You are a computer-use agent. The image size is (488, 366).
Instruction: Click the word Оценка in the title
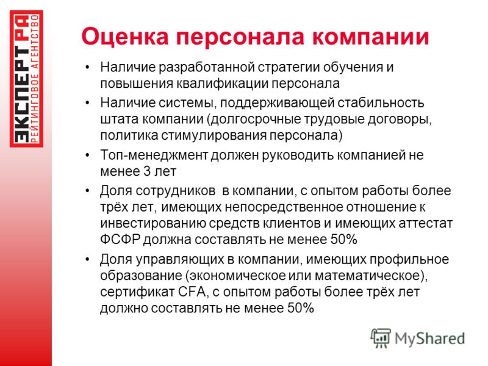pos(125,37)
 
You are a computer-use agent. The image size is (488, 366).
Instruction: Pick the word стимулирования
pos(214,136)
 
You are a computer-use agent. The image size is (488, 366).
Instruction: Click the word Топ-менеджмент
pos(154,155)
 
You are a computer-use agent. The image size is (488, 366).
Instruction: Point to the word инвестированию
pos(153,223)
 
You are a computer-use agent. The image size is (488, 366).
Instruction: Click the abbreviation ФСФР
pos(120,240)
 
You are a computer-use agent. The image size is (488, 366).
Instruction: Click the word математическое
pos(368,276)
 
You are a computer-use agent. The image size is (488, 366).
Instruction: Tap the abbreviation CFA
pos(192,292)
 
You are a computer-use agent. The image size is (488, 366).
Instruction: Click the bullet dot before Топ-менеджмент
pos(88,156)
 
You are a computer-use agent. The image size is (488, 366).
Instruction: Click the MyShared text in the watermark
pos(429,339)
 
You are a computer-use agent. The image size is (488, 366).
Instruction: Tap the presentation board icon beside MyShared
pos(381,338)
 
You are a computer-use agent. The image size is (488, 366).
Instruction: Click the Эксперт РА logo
pos(26,79)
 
